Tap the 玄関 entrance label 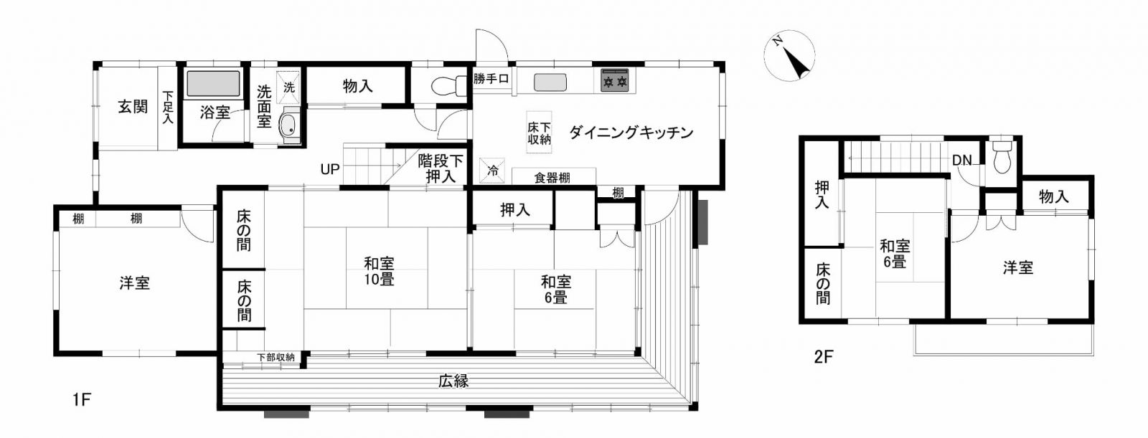(x=133, y=107)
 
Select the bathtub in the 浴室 (x=213, y=84)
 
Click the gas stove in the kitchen (x=615, y=80)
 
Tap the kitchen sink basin (x=550, y=82)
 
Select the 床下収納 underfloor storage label (x=539, y=133)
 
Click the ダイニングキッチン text (x=631, y=133)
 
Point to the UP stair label (x=329, y=169)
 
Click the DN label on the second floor (x=962, y=161)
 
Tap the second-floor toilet (x=1002, y=157)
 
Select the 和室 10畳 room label (x=380, y=272)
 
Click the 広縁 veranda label (x=453, y=381)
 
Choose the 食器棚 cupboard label (x=552, y=178)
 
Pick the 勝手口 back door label (x=491, y=79)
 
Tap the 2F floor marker (x=824, y=356)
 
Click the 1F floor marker (x=82, y=399)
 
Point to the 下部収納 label (x=276, y=357)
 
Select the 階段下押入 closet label (x=441, y=169)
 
